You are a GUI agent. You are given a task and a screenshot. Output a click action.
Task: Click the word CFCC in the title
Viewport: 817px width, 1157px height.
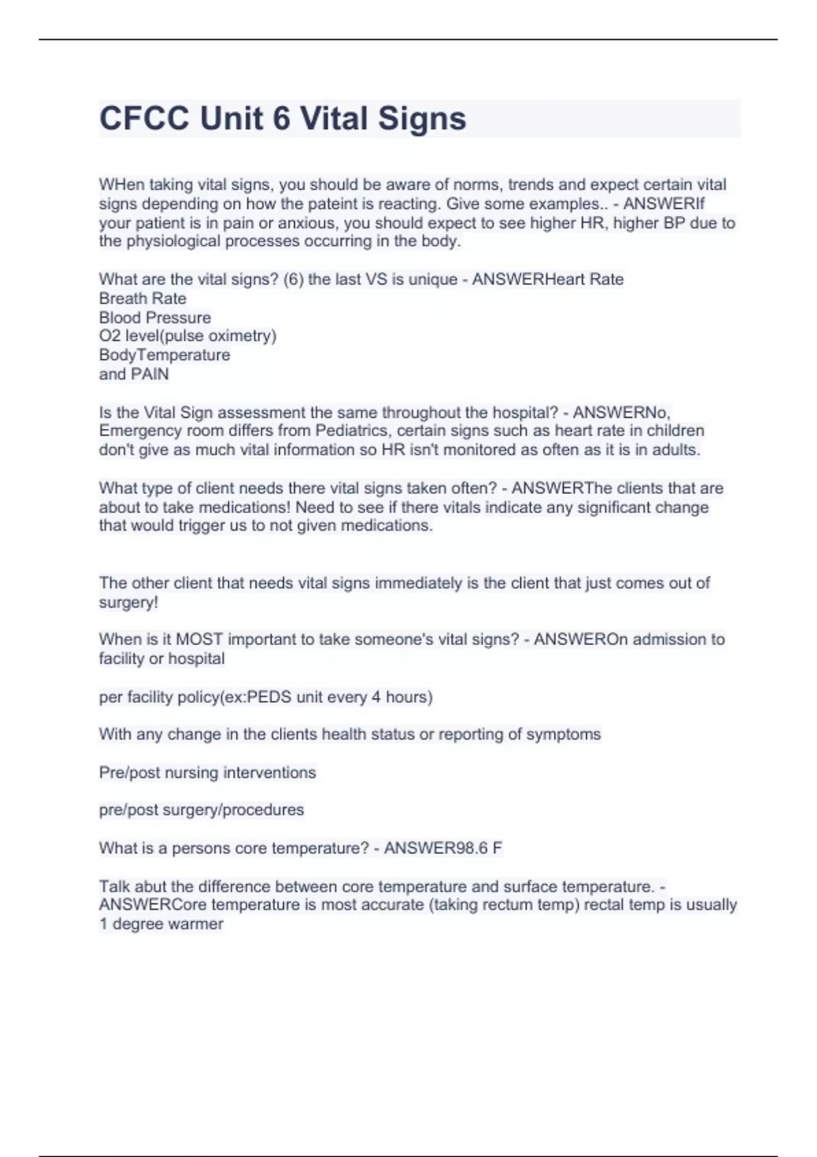click(144, 118)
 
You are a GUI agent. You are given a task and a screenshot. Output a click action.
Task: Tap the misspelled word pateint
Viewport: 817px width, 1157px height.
click(310, 203)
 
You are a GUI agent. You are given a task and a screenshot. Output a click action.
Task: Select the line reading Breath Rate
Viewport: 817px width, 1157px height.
click(142, 298)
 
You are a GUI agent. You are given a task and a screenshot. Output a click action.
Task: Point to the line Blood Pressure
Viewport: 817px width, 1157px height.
click(155, 317)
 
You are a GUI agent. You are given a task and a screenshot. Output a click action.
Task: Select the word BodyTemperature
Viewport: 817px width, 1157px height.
click(164, 355)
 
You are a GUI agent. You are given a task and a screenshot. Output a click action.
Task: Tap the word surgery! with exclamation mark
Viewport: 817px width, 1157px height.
click(128, 602)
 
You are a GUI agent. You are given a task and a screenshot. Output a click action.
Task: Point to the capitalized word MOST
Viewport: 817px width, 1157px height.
click(199, 639)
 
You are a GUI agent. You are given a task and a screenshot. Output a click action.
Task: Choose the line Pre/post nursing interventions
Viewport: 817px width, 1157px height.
click(207, 772)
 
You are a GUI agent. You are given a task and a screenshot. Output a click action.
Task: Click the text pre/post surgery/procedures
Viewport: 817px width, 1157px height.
click(201, 810)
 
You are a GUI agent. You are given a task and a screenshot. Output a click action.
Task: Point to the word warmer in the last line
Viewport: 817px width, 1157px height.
click(196, 924)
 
